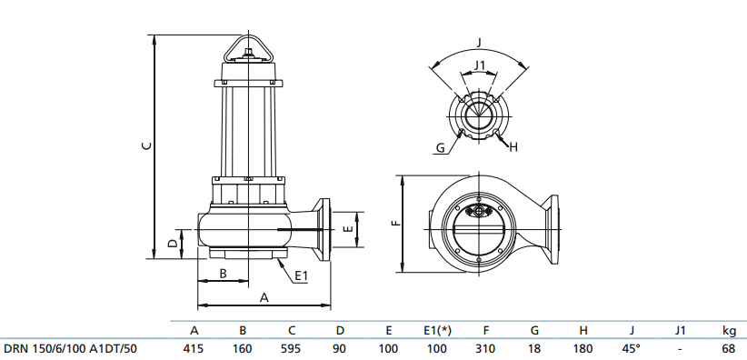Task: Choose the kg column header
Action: coord(728,330)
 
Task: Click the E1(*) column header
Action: coord(437,330)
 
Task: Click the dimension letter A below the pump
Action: coord(264,296)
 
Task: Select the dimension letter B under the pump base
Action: coord(223,274)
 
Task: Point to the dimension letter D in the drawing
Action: coord(172,243)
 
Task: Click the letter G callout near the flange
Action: coord(439,147)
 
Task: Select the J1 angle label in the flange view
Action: coord(481,65)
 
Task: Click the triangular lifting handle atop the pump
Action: coord(247,47)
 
